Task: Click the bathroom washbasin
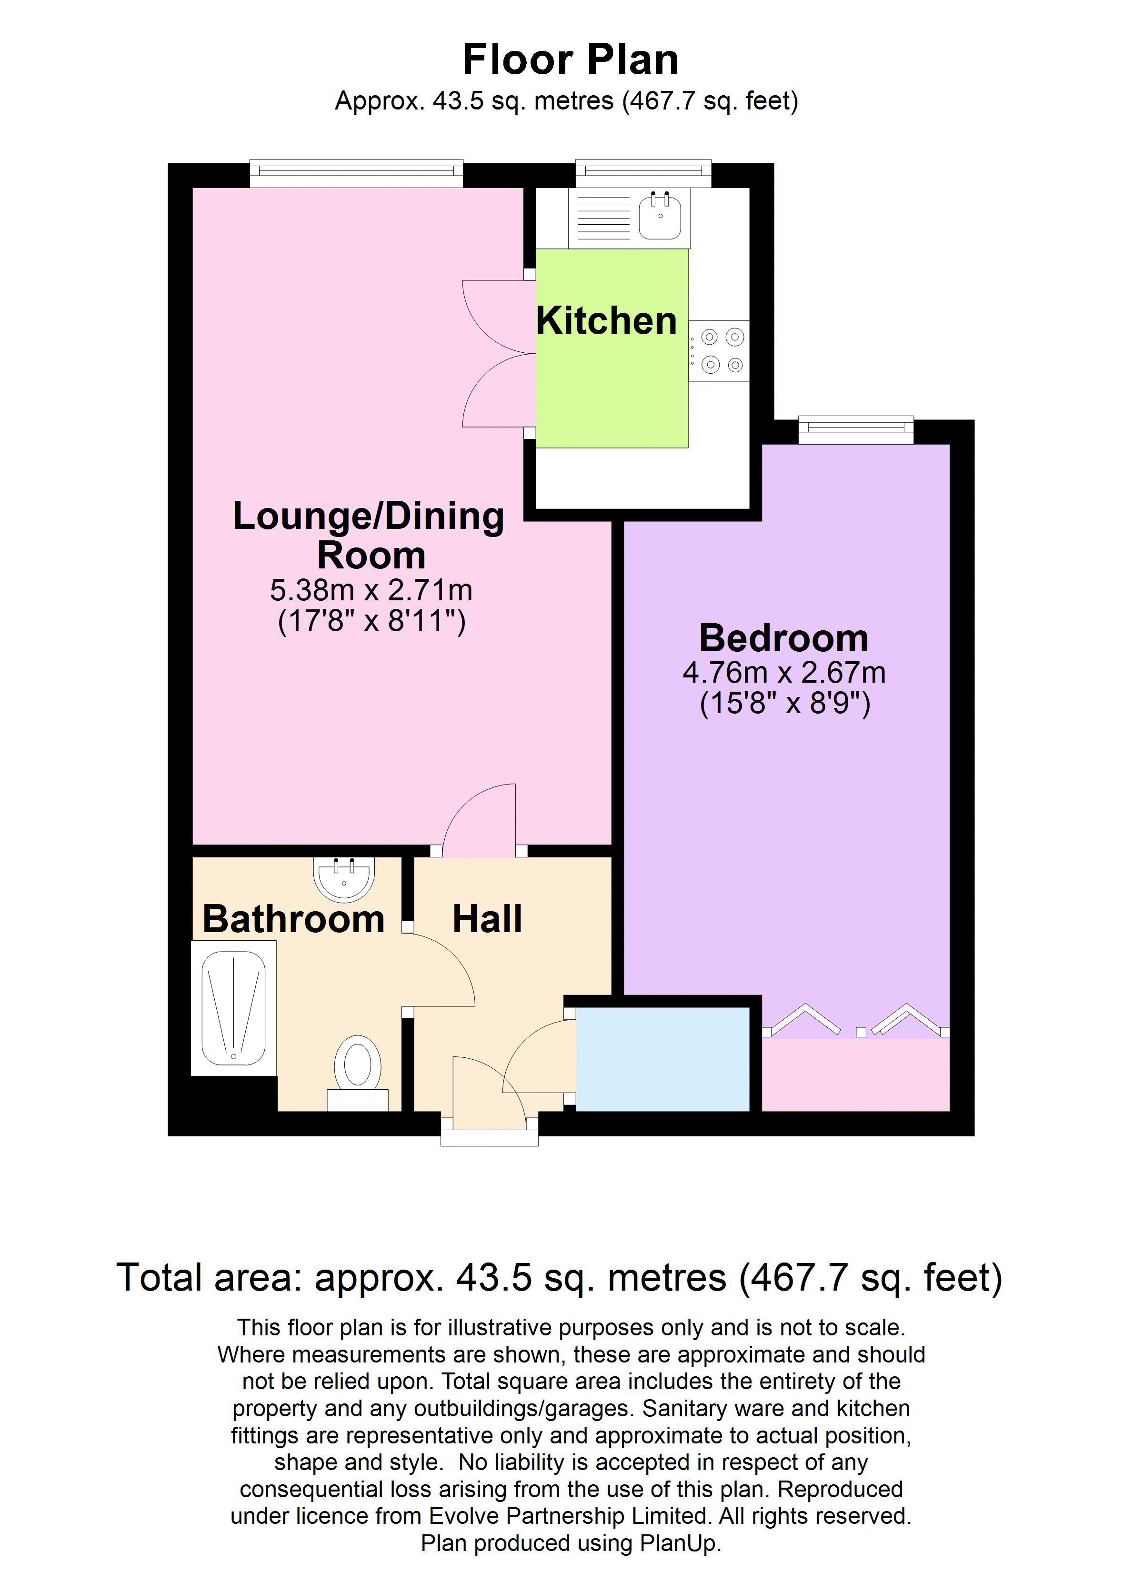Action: tap(344, 878)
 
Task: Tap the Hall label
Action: tap(487, 919)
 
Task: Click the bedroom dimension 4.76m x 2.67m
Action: tap(784, 673)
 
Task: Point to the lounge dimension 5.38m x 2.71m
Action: tap(371, 590)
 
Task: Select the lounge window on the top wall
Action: tap(356, 173)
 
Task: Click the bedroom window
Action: tap(856, 429)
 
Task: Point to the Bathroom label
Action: tap(293, 919)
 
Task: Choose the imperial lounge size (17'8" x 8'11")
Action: tap(371, 621)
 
